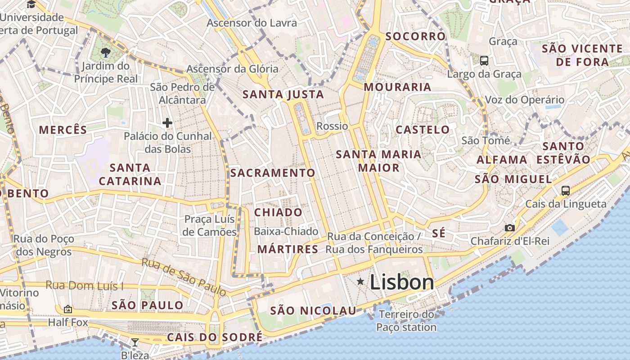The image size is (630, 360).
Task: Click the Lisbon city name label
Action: pos(402,282)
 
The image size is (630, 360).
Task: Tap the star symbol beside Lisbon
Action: pos(360,282)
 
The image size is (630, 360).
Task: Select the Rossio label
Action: pos(332,126)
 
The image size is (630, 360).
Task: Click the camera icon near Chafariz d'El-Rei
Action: pos(509,228)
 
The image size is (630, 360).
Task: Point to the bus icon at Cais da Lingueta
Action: pos(566,191)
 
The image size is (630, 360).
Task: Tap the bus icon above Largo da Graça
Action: pos(484,60)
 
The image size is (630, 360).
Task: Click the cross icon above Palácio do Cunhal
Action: pos(167,122)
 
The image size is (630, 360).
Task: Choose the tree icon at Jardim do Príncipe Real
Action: pos(106,53)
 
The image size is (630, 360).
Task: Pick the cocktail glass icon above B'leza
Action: pos(135,342)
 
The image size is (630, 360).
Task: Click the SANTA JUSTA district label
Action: pos(283,94)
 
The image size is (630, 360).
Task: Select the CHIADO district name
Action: pos(279,212)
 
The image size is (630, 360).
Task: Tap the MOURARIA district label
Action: pos(397,87)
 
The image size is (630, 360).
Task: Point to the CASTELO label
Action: pos(423,130)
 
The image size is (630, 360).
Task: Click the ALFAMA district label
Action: pos(502,160)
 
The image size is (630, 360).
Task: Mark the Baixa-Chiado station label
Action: pos(286,231)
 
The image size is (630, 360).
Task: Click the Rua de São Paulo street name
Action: pos(184,277)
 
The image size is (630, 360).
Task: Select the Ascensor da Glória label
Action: pos(232,69)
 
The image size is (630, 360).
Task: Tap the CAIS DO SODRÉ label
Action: pos(214,337)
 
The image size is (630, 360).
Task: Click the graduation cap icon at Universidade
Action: pos(31,4)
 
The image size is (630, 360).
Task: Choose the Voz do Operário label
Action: pos(524,100)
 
